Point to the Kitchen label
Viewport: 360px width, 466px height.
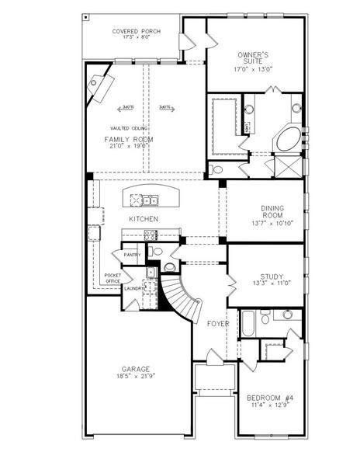[144, 219]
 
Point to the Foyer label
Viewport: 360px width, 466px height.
[216, 323]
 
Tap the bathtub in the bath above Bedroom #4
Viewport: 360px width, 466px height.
[250, 324]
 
